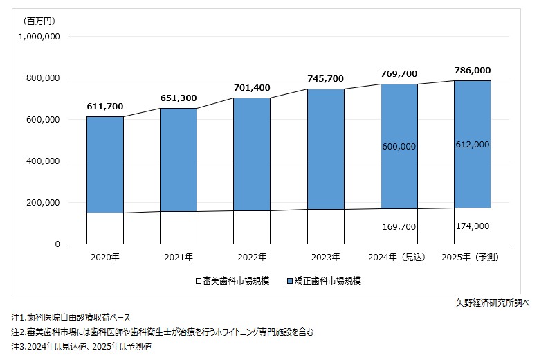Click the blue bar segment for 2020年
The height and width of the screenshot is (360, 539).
coord(105,165)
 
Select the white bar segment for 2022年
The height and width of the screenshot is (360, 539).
coord(252,227)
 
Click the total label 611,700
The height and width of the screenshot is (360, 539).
coord(105,107)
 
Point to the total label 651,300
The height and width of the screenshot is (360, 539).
coord(179,98)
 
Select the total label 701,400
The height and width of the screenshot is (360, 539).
coord(252,88)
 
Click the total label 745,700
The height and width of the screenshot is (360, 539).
coord(325,79)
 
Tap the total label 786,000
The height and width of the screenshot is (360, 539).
coord(473,71)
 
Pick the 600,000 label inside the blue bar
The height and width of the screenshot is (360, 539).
coord(399,147)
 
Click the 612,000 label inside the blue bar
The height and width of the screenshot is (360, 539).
coord(473,144)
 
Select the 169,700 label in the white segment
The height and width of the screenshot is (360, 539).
coord(399,226)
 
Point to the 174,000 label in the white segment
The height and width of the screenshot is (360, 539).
coord(473,226)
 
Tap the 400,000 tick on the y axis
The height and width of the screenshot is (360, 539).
coord(44,161)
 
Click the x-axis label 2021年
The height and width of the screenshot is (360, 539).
coord(179,258)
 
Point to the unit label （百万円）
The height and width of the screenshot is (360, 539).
coord(33,20)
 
